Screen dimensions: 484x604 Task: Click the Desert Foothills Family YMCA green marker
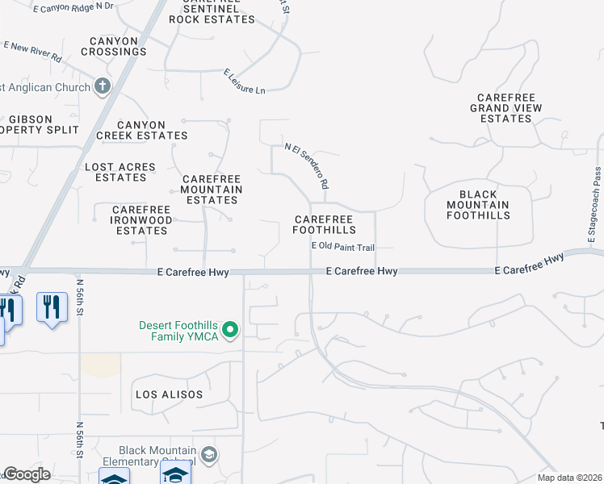230,329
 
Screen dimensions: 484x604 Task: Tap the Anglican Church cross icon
102,85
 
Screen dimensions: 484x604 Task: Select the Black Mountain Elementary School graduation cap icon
210,456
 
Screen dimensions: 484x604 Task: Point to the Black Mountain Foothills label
478,205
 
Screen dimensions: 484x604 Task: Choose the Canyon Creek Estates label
142,131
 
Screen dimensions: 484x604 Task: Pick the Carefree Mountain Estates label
212,190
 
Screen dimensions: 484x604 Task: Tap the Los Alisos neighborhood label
161,394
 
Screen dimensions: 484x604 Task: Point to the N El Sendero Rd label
307,166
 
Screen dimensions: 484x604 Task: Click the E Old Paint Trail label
343,247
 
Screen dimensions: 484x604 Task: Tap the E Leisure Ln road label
245,81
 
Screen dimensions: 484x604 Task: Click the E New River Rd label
32,52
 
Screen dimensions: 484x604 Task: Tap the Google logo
27,474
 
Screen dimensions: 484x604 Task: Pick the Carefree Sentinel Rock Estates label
212,13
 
